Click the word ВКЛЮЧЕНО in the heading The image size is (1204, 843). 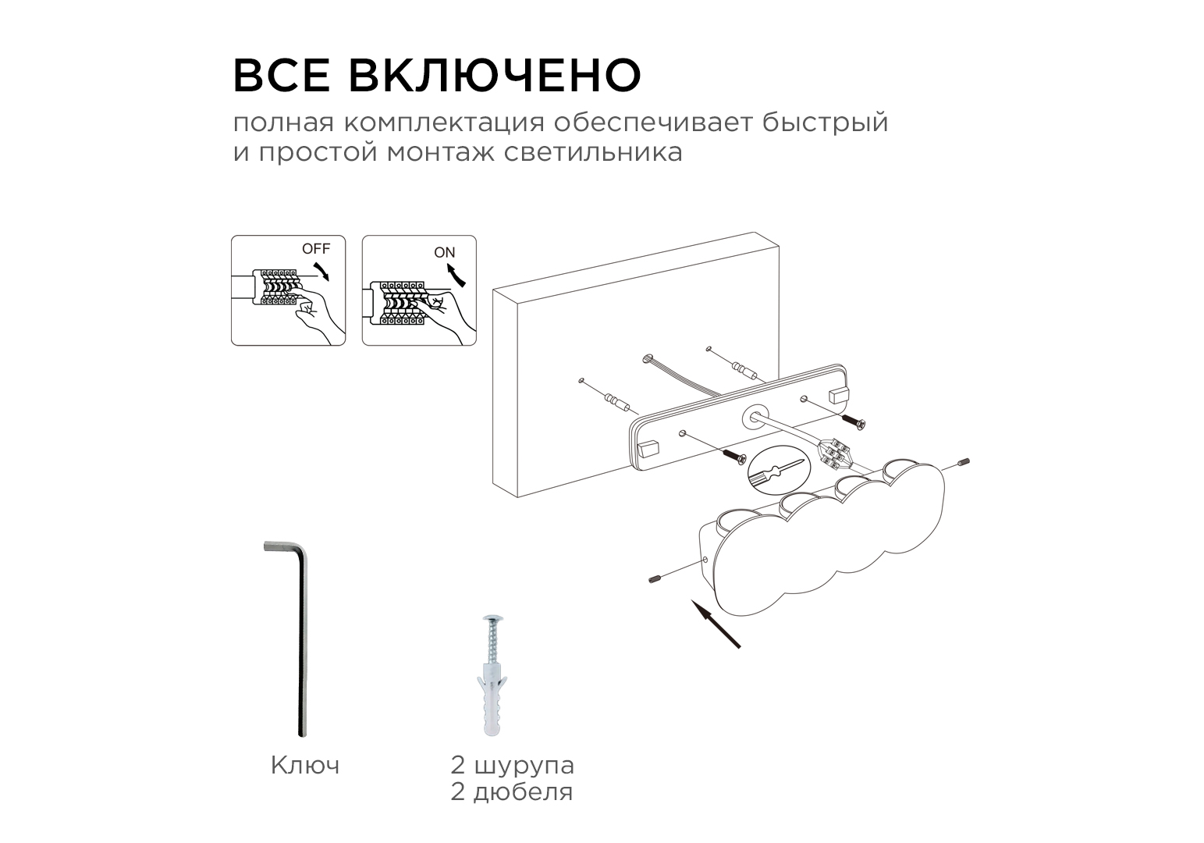(x=495, y=74)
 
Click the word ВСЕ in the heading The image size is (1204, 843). (x=281, y=74)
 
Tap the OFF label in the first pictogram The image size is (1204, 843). (x=315, y=248)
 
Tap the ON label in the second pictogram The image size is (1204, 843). (x=444, y=252)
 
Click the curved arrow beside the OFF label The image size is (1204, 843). (x=322, y=272)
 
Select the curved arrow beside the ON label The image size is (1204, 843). (x=456, y=276)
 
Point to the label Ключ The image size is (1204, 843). (x=305, y=765)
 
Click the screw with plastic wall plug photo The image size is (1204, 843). (x=492, y=674)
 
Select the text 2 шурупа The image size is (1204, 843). (x=512, y=766)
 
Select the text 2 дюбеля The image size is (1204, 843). (x=512, y=792)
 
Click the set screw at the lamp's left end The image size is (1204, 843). (x=655, y=579)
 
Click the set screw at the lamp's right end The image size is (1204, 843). (x=964, y=462)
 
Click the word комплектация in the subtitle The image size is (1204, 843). (x=444, y=123)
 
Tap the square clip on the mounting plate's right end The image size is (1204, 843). (x=839, y=396)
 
